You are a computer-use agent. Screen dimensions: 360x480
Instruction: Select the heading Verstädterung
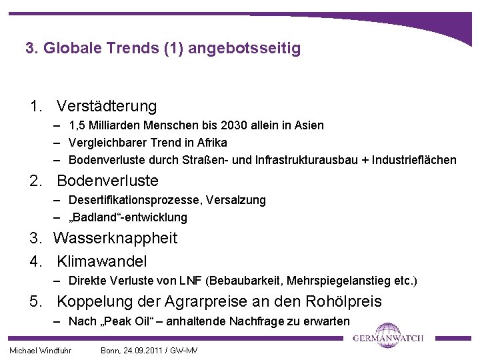click(107, 106)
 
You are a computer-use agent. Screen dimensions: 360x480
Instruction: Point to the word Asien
click(309, 125)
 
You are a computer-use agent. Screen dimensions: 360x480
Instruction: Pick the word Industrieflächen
click(414, 160)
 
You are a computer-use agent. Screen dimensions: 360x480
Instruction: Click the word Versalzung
click(236, 200)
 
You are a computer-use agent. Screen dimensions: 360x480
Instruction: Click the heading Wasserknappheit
click(115, 238)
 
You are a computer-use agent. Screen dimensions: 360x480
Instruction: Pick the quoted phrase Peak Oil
click(123, 321)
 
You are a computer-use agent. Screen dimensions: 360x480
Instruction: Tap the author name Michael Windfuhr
click(40, 351)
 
